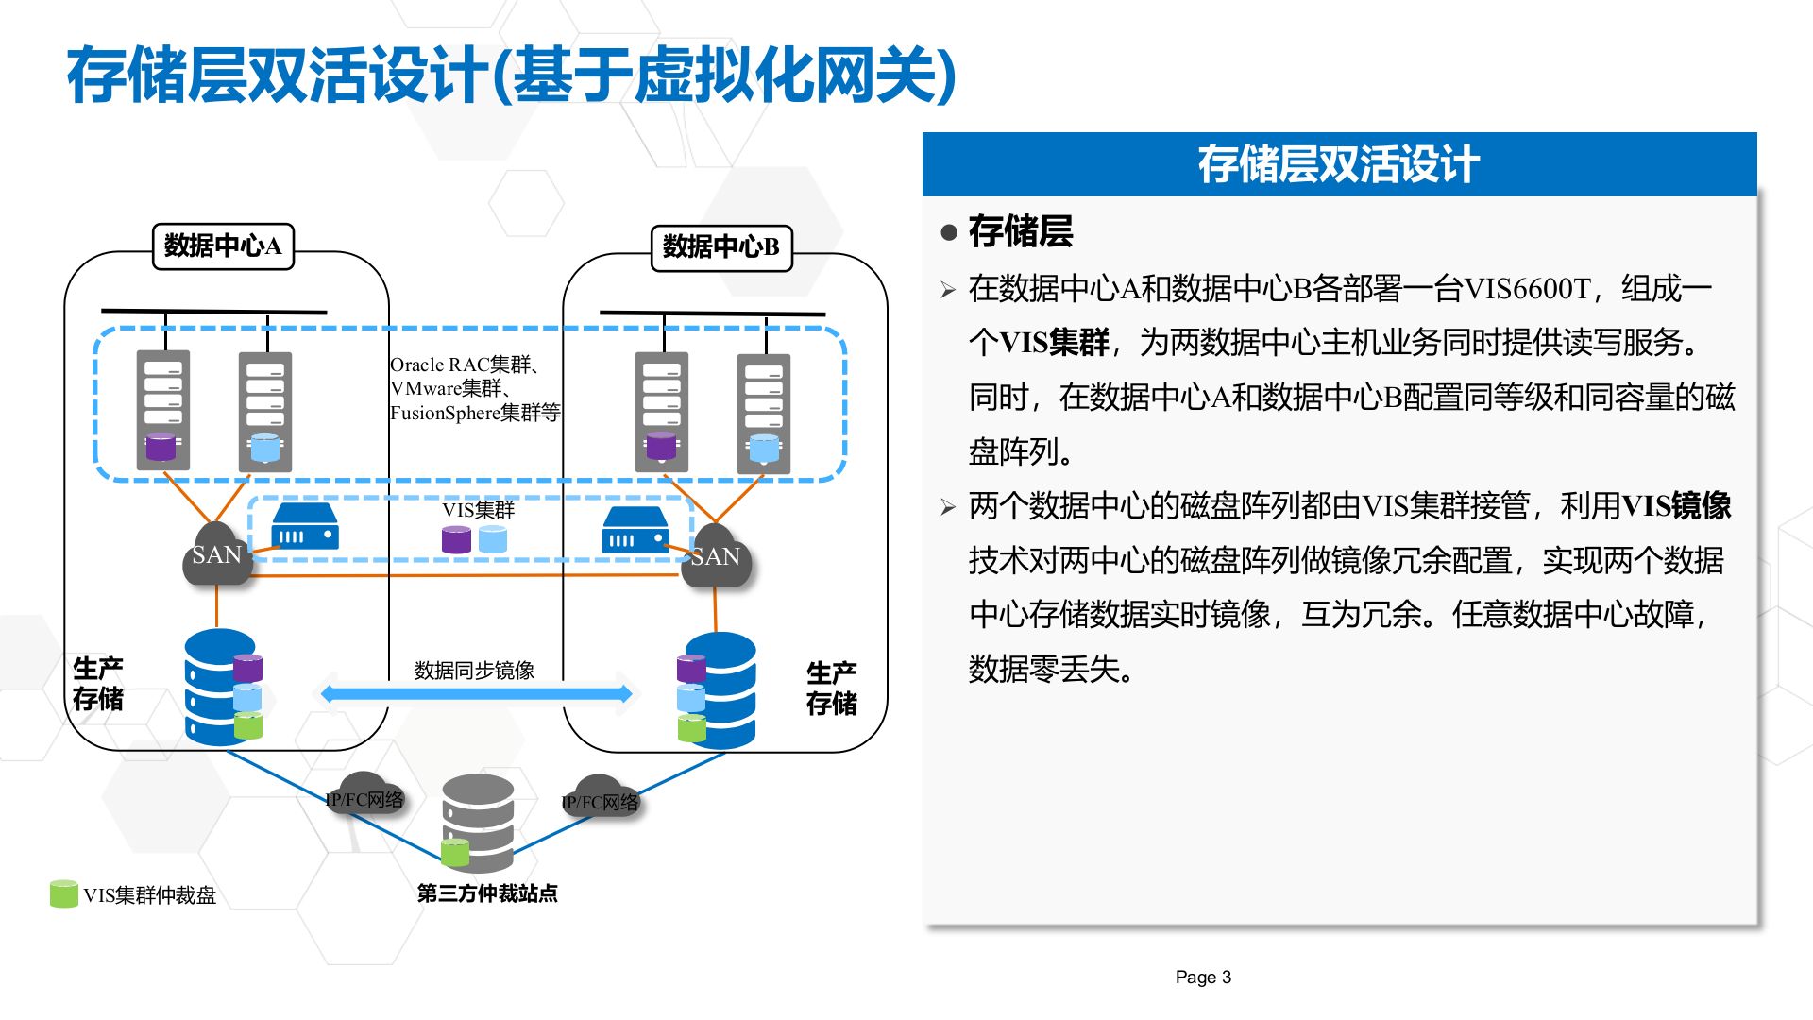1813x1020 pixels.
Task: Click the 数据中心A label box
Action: pyautogui.click(x=223, y=246)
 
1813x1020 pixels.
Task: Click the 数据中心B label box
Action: pyautogui.click(x=721, y=247)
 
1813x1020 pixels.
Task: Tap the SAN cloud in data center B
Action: pyautogui.click(x=717, y=557)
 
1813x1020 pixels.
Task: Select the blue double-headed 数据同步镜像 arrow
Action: pyautogui.click(x=476, y=694)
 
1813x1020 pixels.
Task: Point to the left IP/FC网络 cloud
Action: pyautogui.click(x=365, y=798)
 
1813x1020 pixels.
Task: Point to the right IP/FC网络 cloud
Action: pyautogui.click(x=601, y=801)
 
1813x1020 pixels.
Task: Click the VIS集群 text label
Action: pyautogui.click(x=478, y=510)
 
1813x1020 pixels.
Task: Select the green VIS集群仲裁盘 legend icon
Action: pyautogui.click(x=63, y=893)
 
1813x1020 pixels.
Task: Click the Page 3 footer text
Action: pyautogui.click(x=1203, y=977)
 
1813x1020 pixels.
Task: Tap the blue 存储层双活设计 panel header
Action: pyautogui.click(x=1338, y=164)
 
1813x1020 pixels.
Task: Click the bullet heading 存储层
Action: pyautogui.click(x=1020, y=231)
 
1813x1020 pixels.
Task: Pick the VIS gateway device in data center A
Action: pyautogui.click(x=305, y=526)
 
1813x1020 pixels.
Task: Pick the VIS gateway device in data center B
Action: pyautogui.click(x=635, y=530)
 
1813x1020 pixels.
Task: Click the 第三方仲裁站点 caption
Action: pyautogui.click(x=487, y=893)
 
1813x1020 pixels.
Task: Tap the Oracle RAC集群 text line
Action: pyautogui.click(x=464, y=365)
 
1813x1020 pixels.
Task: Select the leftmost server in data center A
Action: pyautogui.click(x=163, y=410)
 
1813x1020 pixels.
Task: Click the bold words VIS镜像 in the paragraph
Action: pyautogui.click(x=1676, y=506)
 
